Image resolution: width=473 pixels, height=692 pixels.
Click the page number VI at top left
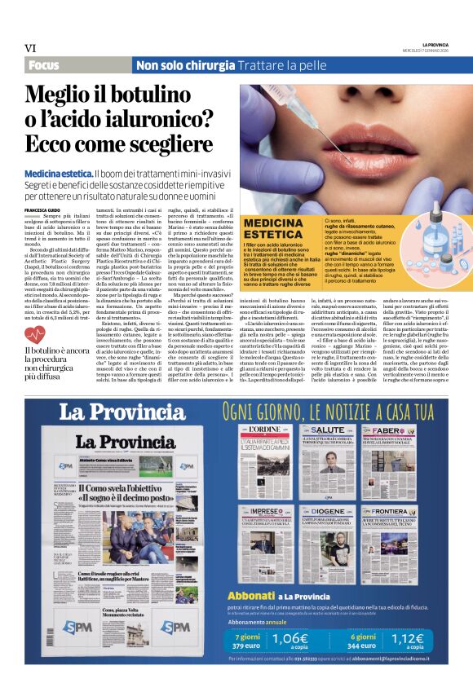coord(31,48)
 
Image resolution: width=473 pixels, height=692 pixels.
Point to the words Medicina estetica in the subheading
coord(59,175)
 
